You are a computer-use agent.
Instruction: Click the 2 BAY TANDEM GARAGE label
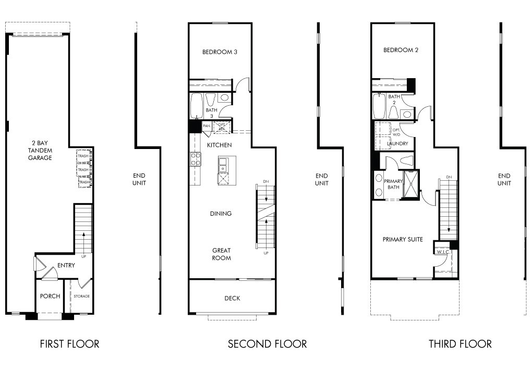pos(40,150)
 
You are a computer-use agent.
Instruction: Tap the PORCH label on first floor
pos(50,296)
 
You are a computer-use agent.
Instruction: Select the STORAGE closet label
pos(81,296)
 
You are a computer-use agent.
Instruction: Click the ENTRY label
pos(66,265)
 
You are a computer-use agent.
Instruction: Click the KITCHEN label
pos(219,145)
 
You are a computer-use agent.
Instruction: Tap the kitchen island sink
pos(223,166)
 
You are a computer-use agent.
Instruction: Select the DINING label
pos(221,214)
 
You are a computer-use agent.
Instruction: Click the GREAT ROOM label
pos(221,254)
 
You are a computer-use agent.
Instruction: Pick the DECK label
pos(232,299)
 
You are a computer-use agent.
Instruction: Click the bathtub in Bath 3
pos(197,107)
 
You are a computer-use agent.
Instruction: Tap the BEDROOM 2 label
pos(401,51)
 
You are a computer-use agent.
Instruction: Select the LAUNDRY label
pos(397,144)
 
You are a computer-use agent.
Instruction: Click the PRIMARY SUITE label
pos(402,240)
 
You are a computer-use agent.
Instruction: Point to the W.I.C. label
pos(443,252)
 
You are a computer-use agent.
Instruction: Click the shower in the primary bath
pos(410,185)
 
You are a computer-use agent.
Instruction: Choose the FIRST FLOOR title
pos(69,344)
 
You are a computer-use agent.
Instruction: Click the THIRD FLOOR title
pos(460,344)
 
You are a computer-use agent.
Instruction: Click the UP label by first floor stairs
pos(83,256)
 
